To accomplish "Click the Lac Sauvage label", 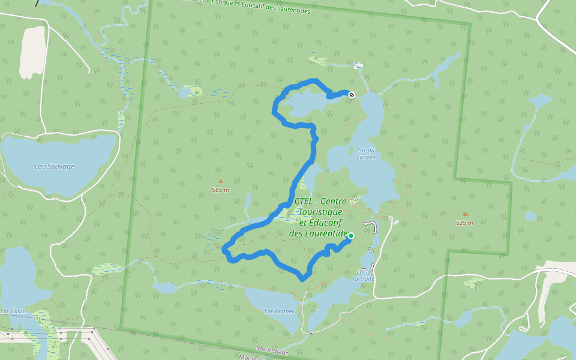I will (x=55, y=166).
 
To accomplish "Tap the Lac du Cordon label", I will (x=366, y=154).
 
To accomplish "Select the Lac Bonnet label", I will (x=279, y=311).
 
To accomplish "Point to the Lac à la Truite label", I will (x=364, y=275).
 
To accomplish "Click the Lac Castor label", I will (x=14, y=311).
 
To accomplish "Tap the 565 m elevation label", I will (x=221, y=190).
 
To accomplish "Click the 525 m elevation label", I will (x=464, y=223).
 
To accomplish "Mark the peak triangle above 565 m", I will (x=220, y=181).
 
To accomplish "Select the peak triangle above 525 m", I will (x=464, y=214).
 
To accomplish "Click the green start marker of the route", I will (x=350, y=236).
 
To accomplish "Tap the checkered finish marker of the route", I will (x=352, y=94).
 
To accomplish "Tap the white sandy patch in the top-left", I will (x=32, y=52).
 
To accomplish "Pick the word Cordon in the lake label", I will (x=366, y=157).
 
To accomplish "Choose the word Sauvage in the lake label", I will (x=61, y=166).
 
